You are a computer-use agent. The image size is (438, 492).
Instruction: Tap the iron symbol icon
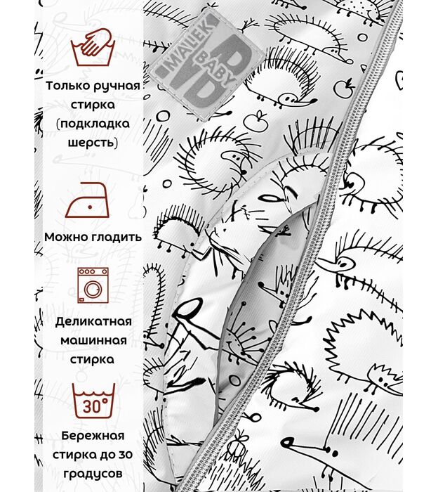tap(87, 200)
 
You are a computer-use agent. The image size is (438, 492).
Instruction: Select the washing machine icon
tap(93, 285)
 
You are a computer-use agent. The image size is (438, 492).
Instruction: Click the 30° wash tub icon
tap(93, 401)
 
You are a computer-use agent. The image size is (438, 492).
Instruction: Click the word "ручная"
tap(117, 86)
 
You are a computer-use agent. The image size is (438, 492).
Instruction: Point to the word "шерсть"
tap(93, 143)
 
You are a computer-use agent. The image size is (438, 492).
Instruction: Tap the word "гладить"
tap(117, 237)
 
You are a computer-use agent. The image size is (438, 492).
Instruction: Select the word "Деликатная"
tap(93, 322)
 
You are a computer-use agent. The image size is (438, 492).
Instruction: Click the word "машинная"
tap(93, 341)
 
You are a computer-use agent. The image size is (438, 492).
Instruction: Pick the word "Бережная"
tap(93, 436)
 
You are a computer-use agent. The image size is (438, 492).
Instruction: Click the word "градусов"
tap(93, 474)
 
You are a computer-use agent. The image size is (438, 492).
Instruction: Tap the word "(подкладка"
tap(93, 124)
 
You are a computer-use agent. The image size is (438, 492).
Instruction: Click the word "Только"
tap(68, 86)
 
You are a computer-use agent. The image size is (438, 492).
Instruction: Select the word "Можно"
tap(67, 237)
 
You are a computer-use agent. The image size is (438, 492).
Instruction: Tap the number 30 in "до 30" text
tap(125, 455)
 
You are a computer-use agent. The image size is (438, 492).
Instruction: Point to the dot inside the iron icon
tap(91, 207)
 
